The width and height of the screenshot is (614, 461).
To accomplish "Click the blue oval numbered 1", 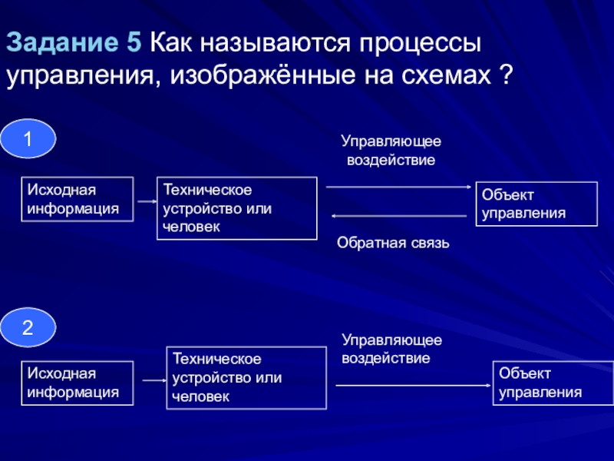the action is pos(28,139).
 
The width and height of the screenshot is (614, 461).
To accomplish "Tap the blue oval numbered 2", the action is pos(28,327).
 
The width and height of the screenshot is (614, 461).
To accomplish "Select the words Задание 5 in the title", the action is pos(74,42).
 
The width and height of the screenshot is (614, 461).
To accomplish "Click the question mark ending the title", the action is pos(507,74).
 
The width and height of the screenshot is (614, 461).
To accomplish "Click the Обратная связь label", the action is pos(393,243).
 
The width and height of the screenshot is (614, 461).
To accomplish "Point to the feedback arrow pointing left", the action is pos(399,216).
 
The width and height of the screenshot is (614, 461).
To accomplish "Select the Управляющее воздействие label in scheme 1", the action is pos(391,150).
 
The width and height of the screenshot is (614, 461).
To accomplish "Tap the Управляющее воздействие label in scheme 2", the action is pos(392,349).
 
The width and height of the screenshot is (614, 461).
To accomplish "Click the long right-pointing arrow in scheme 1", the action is pos(398,187).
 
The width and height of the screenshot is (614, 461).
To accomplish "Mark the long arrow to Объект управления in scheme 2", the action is pos(414,386).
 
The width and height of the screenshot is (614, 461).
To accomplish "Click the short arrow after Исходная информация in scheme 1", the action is pos(147,201).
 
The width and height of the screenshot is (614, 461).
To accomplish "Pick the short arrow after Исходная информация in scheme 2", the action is pos(155,380).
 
